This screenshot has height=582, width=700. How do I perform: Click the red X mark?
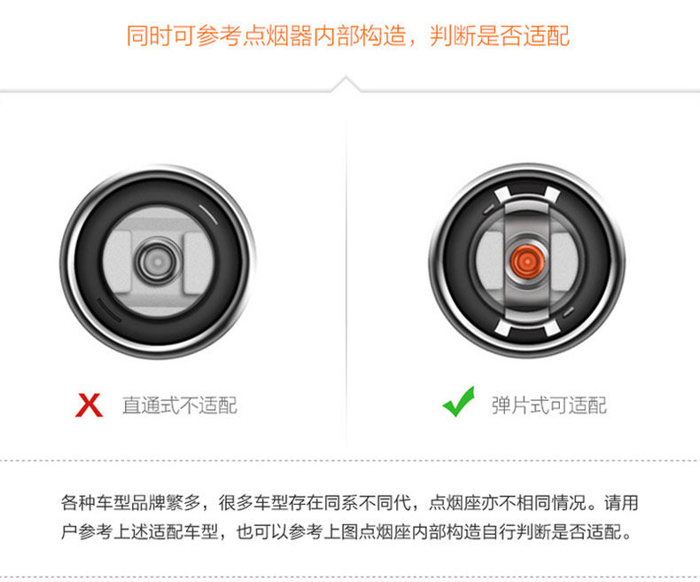(89, 405)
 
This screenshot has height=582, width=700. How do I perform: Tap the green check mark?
(459, 404)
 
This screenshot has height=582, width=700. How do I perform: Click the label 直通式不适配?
(180, 406)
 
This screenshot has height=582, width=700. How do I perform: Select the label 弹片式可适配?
(549, 406)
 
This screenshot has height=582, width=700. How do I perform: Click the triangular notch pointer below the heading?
(346, 83)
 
